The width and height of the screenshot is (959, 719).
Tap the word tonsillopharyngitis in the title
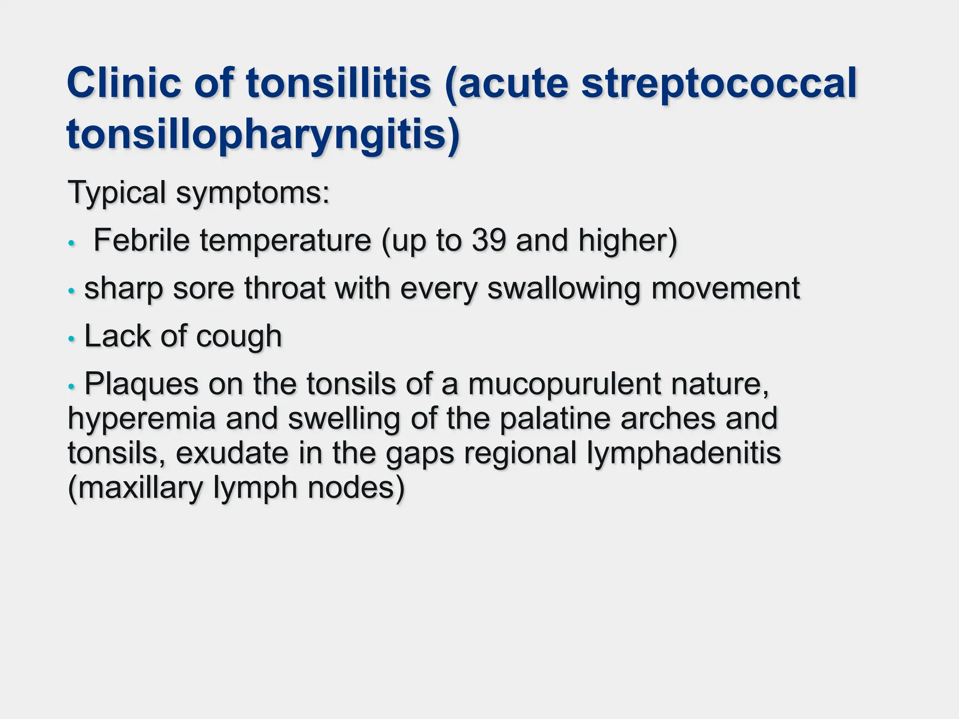263,134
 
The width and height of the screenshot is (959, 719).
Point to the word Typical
117,192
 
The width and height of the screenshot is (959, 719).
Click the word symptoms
253,193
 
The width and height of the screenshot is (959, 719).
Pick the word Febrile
141,241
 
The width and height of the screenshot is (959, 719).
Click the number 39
489,241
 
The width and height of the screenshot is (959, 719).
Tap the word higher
627,241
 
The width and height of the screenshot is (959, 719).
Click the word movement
726,288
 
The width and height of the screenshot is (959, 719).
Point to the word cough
239,337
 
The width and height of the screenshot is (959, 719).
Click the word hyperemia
142,419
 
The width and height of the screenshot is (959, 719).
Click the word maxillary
140,488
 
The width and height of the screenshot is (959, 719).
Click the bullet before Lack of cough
71,338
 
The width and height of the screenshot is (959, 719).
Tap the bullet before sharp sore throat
71,291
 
